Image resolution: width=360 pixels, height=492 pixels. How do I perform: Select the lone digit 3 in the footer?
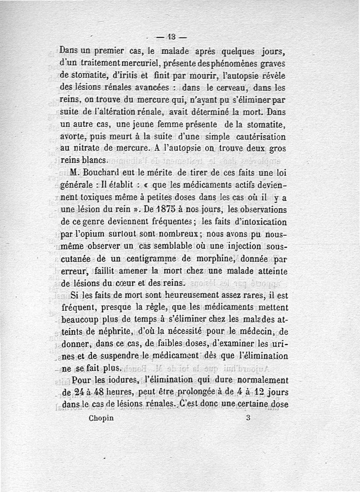point(248,417)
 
